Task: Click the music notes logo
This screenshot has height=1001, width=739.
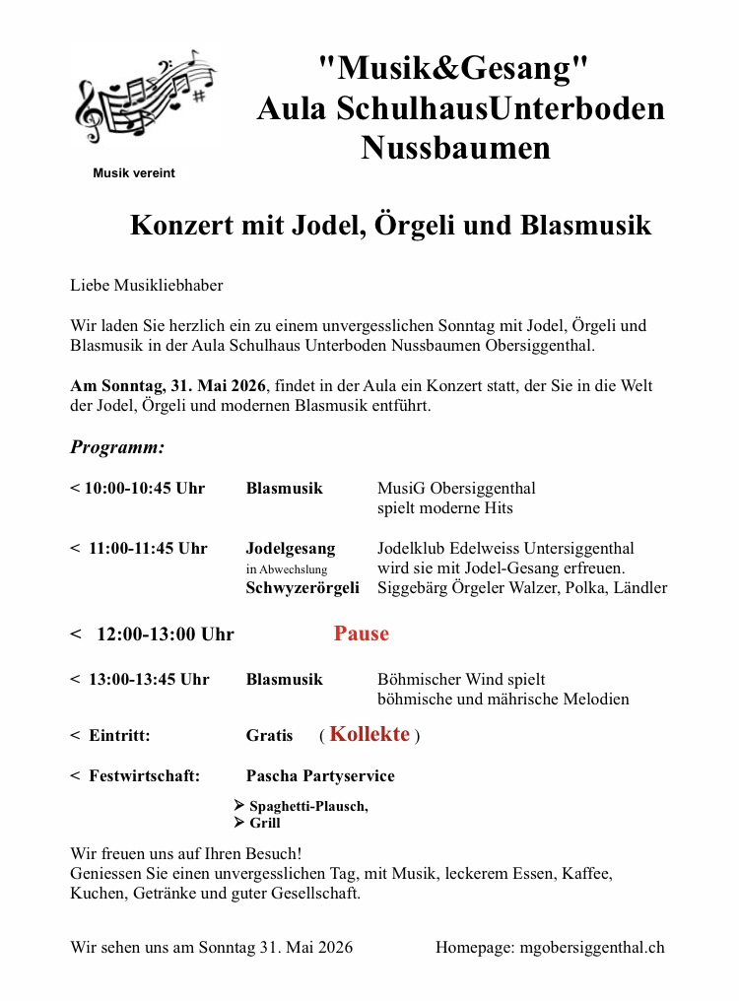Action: tap(144, 96)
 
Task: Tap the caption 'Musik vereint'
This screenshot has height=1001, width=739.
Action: tap(134, 173)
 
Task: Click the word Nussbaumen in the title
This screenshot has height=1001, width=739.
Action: tap(455, 148)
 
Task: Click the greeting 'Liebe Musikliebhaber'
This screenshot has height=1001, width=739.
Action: tap(147, 286)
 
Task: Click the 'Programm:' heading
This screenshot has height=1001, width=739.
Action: tap(117, 447)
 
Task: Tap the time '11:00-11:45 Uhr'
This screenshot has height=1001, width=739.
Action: tap(148, 549)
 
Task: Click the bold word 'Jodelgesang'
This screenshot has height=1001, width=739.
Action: tap(291, 549)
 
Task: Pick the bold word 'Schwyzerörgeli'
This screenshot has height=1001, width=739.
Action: tap(302, 588)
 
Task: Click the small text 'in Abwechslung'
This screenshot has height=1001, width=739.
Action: tap(287, 569)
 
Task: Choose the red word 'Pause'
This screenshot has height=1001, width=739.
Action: tap(362, 634)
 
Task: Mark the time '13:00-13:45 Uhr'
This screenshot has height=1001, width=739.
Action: tap(149, 680)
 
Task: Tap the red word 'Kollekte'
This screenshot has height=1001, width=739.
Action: tap(369, 734)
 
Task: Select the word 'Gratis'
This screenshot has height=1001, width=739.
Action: tap(269, 736)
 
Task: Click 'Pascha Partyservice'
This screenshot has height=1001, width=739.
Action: tap(320, 776)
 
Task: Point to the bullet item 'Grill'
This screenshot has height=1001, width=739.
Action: tap(265, 823)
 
